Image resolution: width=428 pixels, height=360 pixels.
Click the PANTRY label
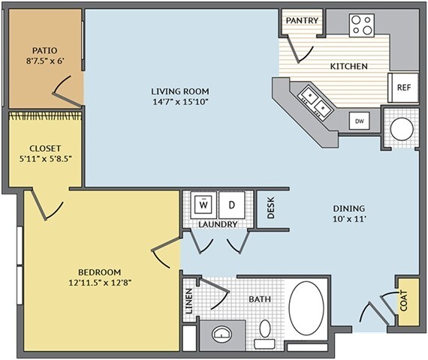(302, 20)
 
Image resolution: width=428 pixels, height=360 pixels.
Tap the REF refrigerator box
(403, 88)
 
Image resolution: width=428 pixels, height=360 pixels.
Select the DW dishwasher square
(360, 121)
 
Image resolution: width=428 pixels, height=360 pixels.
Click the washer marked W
(203, 205)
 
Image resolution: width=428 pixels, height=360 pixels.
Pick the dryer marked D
(232, 205)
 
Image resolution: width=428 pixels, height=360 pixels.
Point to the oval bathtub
(306, 308)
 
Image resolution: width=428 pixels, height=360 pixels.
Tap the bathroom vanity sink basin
(222, 334)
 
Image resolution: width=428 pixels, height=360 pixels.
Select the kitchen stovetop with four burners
(362, 25)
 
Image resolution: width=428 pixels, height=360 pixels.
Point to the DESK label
(271, 208)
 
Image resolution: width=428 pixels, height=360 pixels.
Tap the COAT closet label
(404, 301)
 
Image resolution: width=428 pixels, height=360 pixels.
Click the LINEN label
(189, 301)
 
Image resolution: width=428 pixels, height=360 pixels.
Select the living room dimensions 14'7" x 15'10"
(180, 102)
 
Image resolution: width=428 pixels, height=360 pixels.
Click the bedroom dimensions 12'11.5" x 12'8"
(100, 283)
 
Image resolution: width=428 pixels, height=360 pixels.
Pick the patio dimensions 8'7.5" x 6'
(45, 61)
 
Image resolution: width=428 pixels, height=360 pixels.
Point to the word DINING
(349, 208)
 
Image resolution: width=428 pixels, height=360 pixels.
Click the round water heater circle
(402, 129)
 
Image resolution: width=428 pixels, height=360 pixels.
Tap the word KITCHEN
(349, 66)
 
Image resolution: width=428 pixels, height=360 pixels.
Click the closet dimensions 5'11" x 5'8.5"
(45, 158)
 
